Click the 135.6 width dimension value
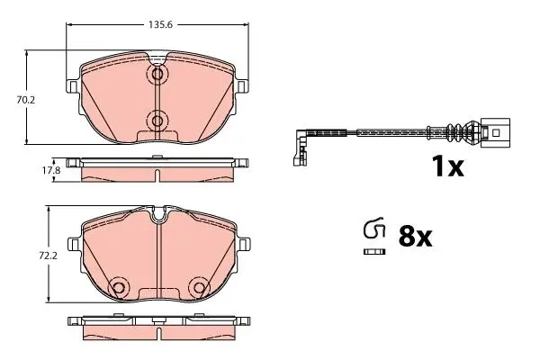coord(160,25)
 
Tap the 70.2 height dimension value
coord(26,100)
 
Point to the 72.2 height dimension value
coord(49,256)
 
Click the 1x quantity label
coord(447,166)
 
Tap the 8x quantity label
coord(415,237)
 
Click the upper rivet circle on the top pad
coord(157,74)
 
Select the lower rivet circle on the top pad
coord(157,121)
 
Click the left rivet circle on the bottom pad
coord(118,288)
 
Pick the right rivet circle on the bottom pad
coord(200,288)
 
